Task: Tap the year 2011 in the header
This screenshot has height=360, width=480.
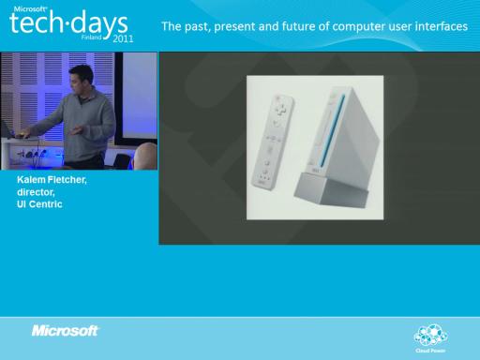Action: tap(123, 38)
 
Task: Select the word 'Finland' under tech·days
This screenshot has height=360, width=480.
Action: tap(91, 37)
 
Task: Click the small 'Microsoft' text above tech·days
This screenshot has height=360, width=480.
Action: tap(30, 8)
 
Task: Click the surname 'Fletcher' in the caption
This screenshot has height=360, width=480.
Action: tap(67, 180)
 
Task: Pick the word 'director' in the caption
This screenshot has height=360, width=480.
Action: tap(36, 192)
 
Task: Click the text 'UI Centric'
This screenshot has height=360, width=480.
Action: tap(39, 204)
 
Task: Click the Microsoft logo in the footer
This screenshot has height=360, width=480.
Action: tap(65, 331)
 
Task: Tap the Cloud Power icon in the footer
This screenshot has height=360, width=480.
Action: tap(430, 338)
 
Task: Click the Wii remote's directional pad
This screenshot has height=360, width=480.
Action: tap(280, 109)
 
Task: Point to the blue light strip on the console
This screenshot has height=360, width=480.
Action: tap(332, 129)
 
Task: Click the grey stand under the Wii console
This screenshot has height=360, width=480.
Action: tap(331, 190)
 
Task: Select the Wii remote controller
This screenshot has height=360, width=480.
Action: tap(273, 142)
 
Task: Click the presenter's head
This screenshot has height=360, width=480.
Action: tap(81, 79)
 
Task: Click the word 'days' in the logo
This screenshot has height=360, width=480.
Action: tap(99, 23)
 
